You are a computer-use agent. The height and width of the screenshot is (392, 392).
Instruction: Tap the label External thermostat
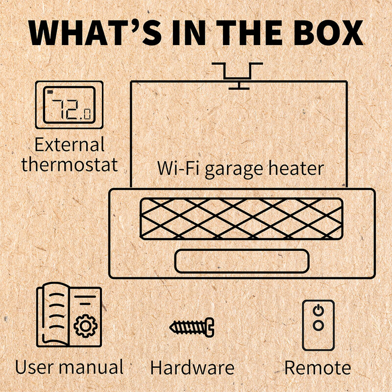pyautogui.click(x=70, y=154)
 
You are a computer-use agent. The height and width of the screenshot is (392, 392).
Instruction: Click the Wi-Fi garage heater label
pyautogui.click(x=240, y=168)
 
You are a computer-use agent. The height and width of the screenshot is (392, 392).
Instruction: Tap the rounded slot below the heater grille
pyautogui.click(x=242, y=260)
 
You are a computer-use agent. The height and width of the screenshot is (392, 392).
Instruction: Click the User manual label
pyautogui.click(x=69, y=367)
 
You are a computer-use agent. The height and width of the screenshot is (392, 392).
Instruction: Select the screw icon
pyautogui.click(x=192, y=325)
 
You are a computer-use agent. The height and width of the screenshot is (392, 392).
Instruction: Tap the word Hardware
pyautogui.click(x=192, y=367)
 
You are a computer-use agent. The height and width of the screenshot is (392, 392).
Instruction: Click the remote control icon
pyautogui.click(x=318, y=325)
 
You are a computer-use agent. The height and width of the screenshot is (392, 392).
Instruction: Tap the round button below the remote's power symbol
pyautogui.click(x=318, y=325)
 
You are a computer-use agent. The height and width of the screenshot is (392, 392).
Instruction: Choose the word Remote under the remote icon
pyautogui.click(x=318, y=367)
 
